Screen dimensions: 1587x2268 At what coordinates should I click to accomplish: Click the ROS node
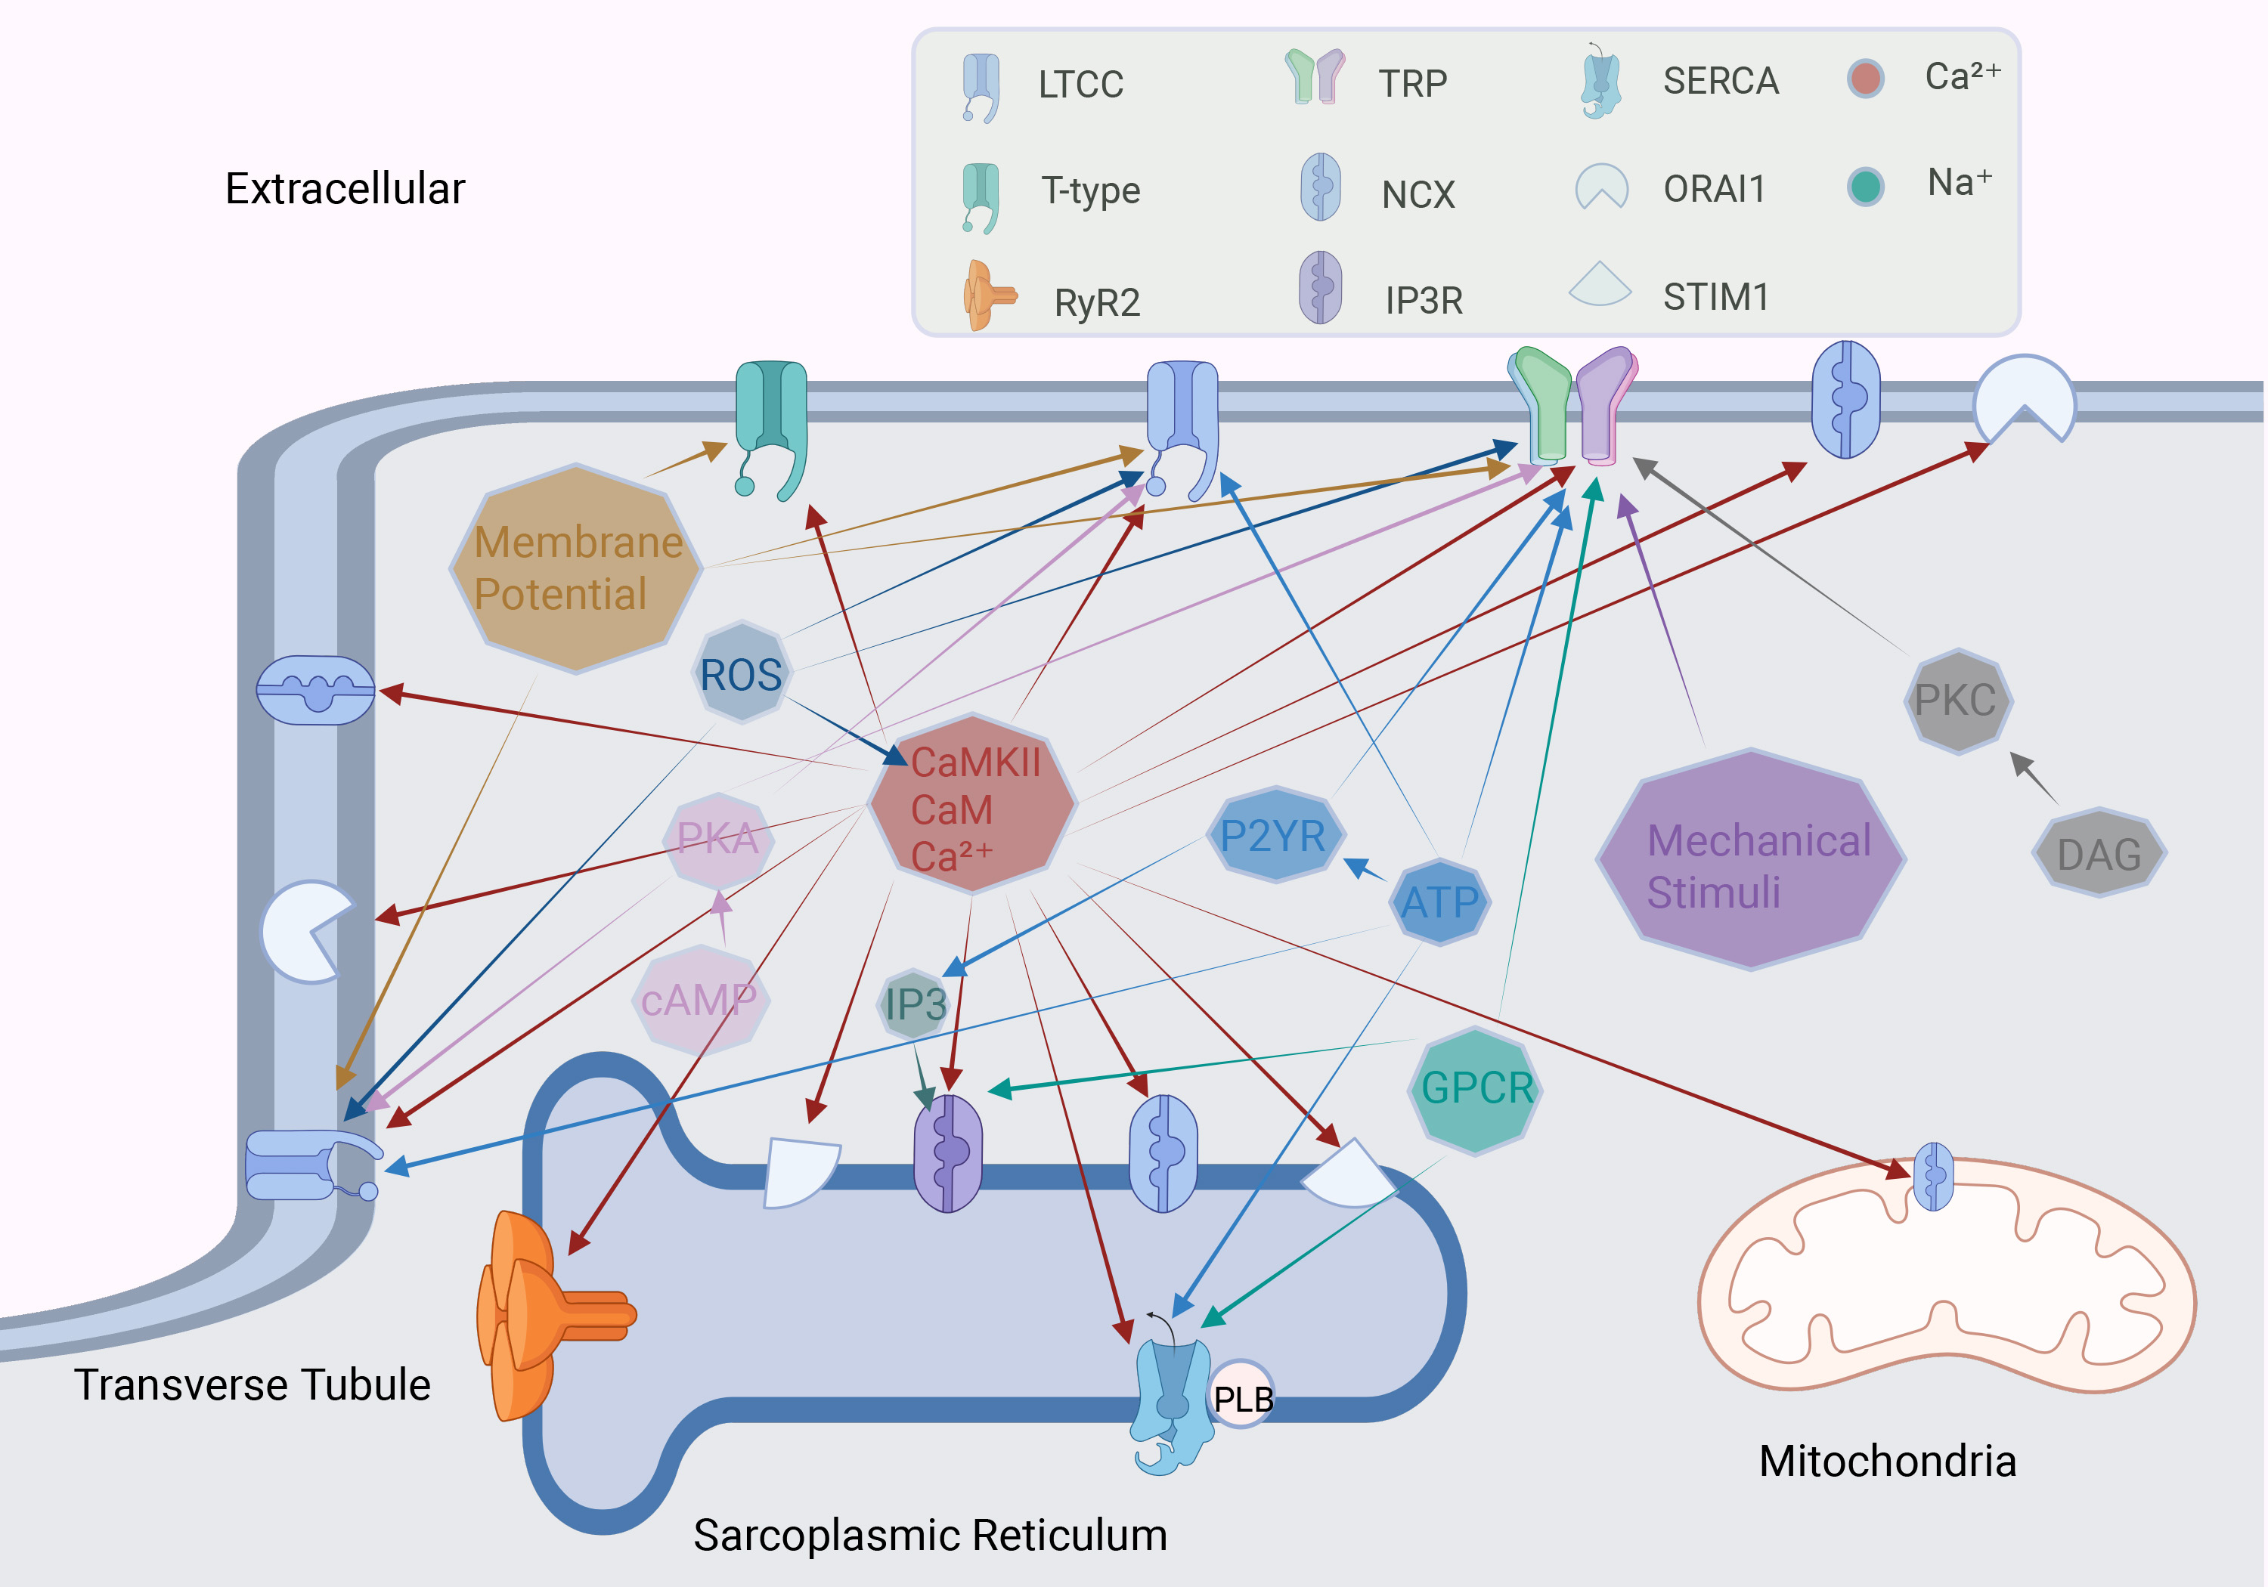coord(741,673)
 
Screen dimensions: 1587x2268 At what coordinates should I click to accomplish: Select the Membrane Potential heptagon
coord(577,569)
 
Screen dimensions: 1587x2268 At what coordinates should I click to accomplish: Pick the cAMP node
coord(699,999)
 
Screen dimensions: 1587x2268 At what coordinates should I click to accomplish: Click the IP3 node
coord(915,1004)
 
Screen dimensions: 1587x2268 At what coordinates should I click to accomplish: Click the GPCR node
coord(1476,1088)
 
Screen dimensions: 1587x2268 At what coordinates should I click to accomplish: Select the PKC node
coord(1957,701)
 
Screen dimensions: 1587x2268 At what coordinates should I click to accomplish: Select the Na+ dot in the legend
coord(1865,187)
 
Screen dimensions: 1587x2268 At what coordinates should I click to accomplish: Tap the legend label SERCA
coord(1720,81)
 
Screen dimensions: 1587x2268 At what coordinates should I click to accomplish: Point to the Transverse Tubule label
coord(252,1384)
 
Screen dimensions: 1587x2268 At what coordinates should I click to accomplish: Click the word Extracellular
coord(345,189)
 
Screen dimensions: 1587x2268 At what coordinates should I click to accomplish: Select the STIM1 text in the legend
coord(1716,297)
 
